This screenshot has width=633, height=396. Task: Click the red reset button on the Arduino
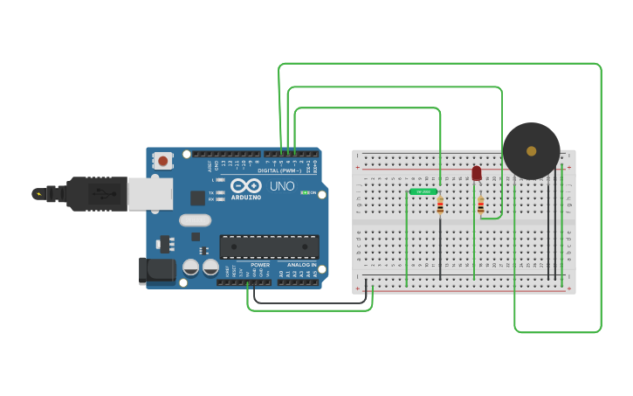[163, 160]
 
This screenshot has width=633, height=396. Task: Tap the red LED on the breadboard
[476, 173]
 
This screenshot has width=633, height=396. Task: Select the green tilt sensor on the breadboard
[423, 191]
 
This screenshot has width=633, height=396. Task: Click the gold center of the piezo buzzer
[531, 151]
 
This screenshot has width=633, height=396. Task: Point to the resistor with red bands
[440, 205]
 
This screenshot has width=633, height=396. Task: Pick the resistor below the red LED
[480, 205]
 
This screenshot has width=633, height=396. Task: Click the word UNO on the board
[281, 186]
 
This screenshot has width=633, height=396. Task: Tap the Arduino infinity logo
[247, 184]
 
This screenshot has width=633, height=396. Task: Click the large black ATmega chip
[269, 247]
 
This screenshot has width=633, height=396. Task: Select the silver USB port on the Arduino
[149, 194]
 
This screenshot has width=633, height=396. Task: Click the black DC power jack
[157, 270]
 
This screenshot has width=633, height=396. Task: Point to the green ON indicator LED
[305, 192]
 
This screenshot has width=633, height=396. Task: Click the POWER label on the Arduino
[260, 265]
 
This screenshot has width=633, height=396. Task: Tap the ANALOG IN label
[296, 265]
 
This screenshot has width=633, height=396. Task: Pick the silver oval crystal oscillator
[195, 221]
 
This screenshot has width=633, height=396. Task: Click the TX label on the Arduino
[211, 191]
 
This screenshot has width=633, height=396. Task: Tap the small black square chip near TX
[198, 198]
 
